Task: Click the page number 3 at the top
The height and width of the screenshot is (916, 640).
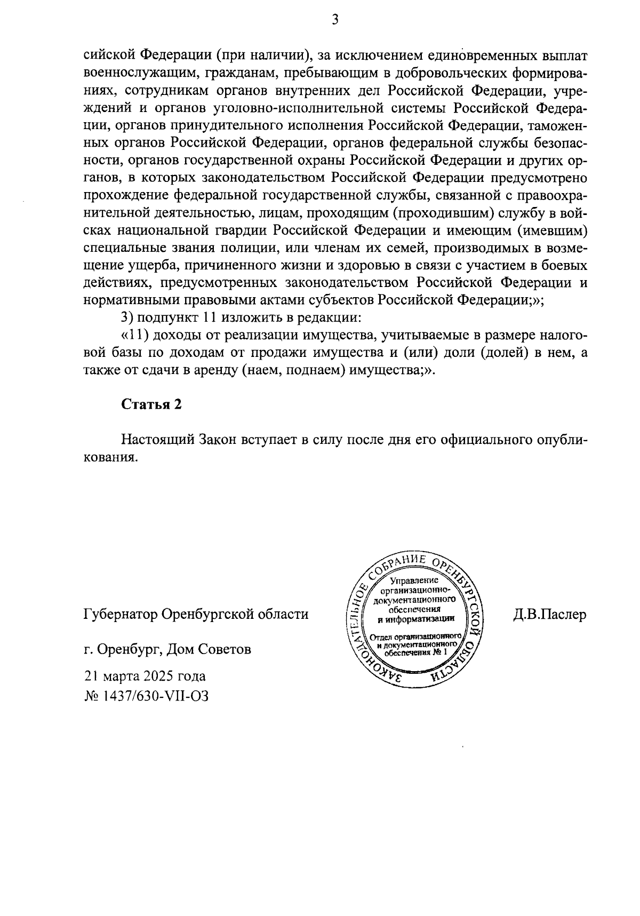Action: (335, 20)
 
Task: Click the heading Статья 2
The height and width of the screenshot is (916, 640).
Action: (151, 404)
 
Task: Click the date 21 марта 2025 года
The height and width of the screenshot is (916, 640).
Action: (145, 676)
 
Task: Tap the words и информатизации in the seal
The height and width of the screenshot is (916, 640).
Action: (416, 619)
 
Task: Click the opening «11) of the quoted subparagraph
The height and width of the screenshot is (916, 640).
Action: (134, 336)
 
